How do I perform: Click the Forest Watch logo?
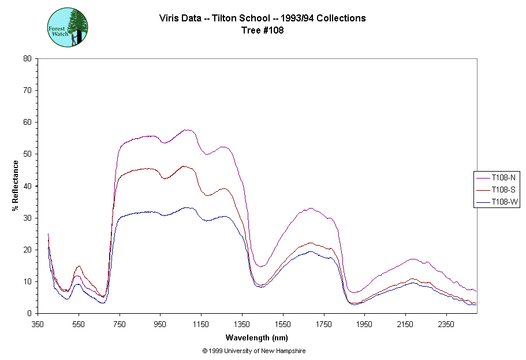coord(68,27)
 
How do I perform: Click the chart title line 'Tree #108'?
coord(263,31)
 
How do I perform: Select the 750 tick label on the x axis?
coord(120,325)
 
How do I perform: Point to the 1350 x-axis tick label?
coord(242,325)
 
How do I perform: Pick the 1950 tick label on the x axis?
coord(364,325)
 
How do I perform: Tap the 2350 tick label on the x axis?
coord(446,325)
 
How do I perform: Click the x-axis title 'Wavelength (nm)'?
coord(257,337)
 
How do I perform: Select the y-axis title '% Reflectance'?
coord(15,185)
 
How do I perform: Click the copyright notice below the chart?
coord(254,351)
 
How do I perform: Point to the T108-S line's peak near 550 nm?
coord(79,266)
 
